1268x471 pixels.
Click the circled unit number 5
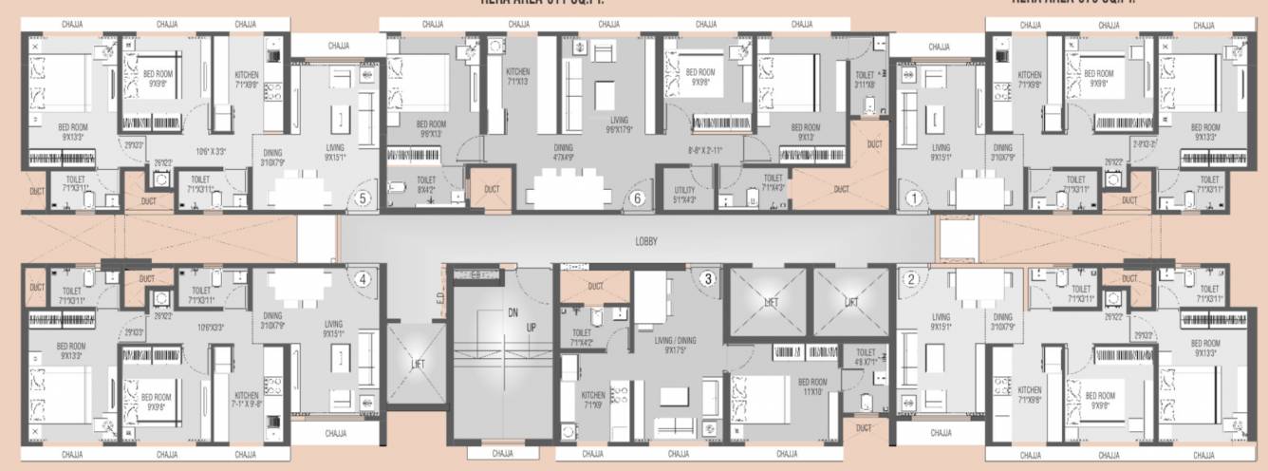(362, 199)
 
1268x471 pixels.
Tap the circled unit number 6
(638, 199)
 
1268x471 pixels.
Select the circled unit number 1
(914, 199)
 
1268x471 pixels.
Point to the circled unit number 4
(362, 279)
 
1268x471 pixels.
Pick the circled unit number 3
(706, 279)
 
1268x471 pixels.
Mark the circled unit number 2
(911, 279)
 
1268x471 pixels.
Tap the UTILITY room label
(685, 195)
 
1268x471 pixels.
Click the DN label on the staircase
(513, 311)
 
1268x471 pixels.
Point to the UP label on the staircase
(531, 328)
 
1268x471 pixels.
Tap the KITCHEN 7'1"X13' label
(517, 77)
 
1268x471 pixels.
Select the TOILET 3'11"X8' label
(865, 79)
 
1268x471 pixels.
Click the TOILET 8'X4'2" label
(426, 183)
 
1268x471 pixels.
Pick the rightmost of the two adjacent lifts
(850, 303)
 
